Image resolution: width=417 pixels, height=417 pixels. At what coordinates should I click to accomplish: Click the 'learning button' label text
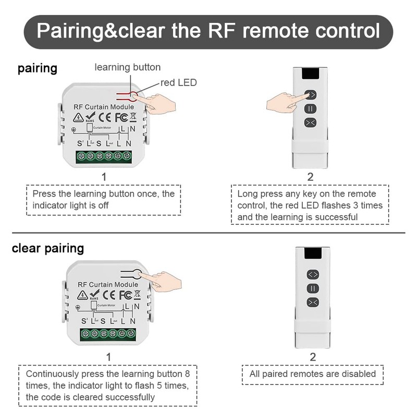pyautogui.click(x=127, y=67)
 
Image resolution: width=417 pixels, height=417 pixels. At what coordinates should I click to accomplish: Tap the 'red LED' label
pyautogui.click(x=178, y=82)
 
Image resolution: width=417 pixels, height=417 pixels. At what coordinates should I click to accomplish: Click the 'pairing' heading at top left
pyautogui.click(x=38, y=68)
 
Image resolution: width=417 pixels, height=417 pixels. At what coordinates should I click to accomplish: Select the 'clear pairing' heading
pyautogui.click(x=48, y=248)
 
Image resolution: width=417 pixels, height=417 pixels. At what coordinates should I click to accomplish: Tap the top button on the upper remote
pyautogui.click(x=311, y=95)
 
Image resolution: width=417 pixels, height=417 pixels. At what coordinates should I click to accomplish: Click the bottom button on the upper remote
pyautogui.click(x=311, y=122)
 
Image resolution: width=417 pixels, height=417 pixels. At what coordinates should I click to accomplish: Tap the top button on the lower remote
pyautogui.click(x=312, y=274)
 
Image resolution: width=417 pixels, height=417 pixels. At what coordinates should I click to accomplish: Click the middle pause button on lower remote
pyautogui.click(x=312, y=288)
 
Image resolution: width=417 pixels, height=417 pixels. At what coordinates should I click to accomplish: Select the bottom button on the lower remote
pyautogui.click(x=312, y=302)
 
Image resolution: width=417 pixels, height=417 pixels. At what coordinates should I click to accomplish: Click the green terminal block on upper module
pyautogui.click(x=104, y=156)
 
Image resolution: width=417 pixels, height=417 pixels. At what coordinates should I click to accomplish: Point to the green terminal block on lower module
pyautogui.click(x=108, y=334)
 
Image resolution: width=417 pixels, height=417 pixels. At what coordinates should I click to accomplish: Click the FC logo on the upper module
pyautogui.click(x=121, y=117)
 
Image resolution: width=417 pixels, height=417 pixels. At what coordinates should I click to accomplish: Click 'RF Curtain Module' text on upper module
pyautogui.click(x=104, y=106)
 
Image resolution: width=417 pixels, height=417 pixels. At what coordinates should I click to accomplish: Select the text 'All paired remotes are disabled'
pyautogui.click(x=313, y=374)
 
